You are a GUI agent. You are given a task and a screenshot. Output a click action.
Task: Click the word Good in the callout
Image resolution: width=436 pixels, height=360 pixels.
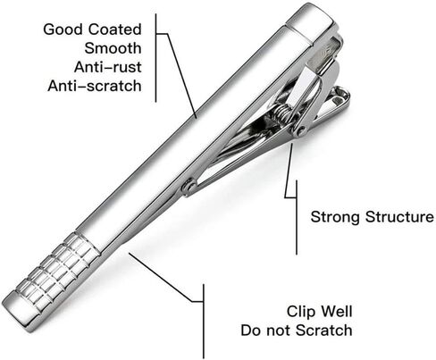click(x=63, y=29)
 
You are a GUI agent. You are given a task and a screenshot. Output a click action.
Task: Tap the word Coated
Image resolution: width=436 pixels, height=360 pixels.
click(x=114, y=29)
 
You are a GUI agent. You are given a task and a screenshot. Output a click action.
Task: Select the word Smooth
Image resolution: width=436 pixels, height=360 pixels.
click(x=113, y=48)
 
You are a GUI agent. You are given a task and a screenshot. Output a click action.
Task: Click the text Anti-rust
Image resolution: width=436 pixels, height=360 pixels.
click(x=108, y=67)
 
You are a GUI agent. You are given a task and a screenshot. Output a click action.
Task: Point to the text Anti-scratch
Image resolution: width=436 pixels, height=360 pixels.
click(x=95, y=86)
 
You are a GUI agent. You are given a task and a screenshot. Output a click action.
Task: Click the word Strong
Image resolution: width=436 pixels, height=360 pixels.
click(x=335, y=217)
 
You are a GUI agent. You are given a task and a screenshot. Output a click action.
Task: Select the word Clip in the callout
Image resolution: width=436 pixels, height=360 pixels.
click(x=301, y=312)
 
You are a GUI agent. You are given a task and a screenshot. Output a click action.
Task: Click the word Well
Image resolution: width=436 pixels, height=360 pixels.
click(x=336, y=311)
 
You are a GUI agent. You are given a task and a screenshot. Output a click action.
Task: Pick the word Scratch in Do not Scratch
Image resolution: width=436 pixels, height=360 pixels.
click(x=324, y=331)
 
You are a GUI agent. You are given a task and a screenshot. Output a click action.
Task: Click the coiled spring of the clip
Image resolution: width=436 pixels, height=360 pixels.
click(x=282, y=113)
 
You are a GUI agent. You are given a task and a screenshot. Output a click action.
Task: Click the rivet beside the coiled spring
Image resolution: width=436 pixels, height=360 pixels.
click(x=301, y=130)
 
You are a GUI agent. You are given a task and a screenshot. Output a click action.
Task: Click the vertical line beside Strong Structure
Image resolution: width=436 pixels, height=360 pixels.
click(x=297, y=217)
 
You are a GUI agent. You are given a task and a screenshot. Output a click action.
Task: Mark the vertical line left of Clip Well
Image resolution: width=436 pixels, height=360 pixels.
click(x=204, y=322)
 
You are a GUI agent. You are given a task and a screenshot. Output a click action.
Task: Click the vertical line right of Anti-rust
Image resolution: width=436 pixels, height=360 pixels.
click(x=155, y=57)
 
